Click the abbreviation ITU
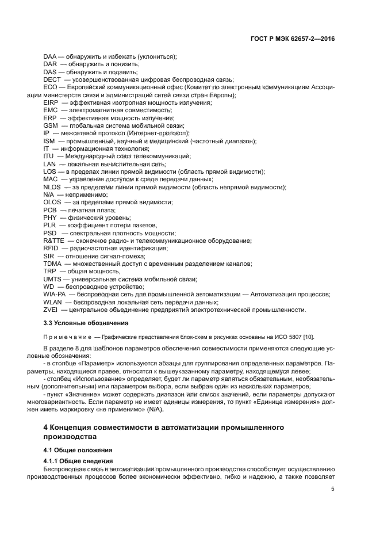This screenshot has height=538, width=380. pos(48,157)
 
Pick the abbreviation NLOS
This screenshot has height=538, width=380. pos(52,187)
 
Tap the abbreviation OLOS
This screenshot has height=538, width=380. pos(52,203)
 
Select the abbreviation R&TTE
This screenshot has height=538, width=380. pos(54,241)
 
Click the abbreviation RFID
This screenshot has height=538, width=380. pos(51,248)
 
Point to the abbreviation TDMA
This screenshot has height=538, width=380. pos(52,264)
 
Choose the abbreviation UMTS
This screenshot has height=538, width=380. pos(52,279)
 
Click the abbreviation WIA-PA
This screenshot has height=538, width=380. pos(55,294)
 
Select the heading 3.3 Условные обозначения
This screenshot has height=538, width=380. pos(86,323)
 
